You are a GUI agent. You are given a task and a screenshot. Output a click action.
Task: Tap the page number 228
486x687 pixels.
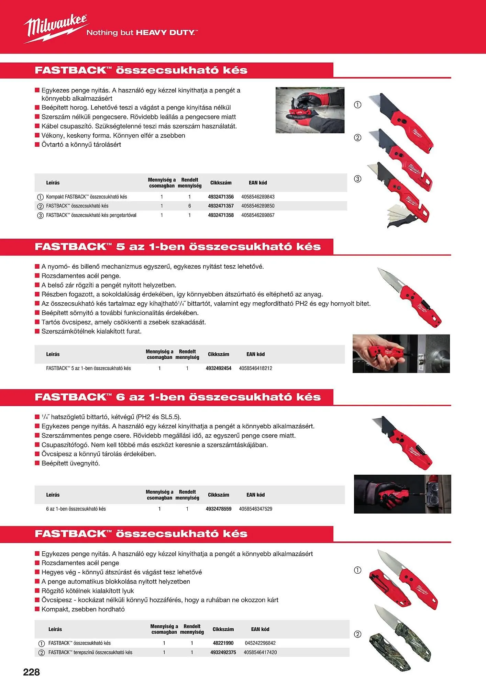coord(31,672)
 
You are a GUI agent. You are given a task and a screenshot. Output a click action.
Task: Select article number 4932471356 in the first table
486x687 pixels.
coord(221,197)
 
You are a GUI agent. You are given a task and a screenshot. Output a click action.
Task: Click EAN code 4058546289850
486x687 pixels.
coord(258,206)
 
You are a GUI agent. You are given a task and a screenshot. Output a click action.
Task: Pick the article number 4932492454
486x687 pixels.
coord(218,368)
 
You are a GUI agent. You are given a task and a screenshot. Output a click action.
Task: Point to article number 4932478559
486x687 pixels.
coord(218,509)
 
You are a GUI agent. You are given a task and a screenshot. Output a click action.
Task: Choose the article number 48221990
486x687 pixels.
coord(223,643)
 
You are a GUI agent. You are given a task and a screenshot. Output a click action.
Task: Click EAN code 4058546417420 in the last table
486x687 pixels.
coord(260,652)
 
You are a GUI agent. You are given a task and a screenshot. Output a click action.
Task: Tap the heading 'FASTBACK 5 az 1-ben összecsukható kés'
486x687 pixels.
coord(177,247)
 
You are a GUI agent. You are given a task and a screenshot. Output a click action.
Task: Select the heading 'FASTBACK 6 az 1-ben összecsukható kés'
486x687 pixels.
coord(177,397)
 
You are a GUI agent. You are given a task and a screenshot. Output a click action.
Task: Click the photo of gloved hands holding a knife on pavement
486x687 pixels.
coord(310,110)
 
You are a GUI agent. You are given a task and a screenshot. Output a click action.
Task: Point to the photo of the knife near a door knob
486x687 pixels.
coord(401,353)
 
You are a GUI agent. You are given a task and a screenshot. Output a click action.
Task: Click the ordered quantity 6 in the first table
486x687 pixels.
coord(189,206)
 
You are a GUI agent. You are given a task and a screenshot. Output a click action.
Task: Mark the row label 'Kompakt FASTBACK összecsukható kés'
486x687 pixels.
coord(86,197)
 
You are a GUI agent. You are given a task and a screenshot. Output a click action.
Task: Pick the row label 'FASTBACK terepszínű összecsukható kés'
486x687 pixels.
coord(90,652)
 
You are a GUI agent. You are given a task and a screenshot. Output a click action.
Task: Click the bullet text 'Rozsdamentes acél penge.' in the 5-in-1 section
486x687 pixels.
coord(81,276)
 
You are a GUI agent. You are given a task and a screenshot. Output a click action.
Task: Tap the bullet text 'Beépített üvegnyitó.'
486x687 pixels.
coord(71,463)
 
